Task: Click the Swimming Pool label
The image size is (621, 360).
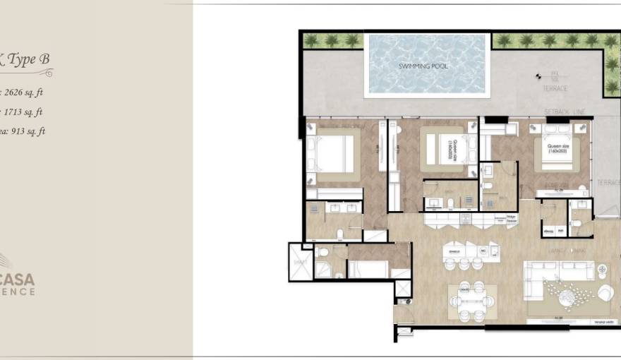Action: (x=423, y=66)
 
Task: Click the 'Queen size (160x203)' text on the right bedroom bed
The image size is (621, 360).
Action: (x=557, y=150)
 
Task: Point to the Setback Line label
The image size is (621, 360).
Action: (x=565, y=112)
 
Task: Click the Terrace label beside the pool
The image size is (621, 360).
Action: (x=555, y=89)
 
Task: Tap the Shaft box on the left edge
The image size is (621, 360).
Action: (x=299, y=262)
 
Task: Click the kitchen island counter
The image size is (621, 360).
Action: (x=471, y=251)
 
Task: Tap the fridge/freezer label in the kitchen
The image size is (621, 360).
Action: (x=512, y=220)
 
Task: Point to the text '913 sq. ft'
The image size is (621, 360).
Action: (x=26, y=131)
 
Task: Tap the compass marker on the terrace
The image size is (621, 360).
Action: (x=541, y=77)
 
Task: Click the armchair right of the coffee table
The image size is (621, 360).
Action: (x=605, y=292)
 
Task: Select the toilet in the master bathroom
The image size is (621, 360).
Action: (x=339, y=234)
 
